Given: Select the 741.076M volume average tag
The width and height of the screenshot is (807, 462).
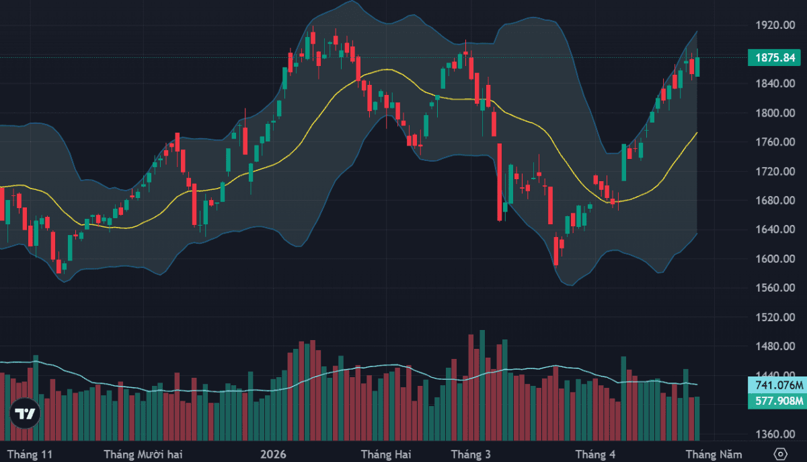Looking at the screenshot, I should (777, 385).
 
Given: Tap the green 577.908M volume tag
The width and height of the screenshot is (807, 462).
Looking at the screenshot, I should (777, 401).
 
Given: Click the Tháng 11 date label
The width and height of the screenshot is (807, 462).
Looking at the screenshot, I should (29, 454).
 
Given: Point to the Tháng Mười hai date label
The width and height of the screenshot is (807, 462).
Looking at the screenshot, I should (144, 454).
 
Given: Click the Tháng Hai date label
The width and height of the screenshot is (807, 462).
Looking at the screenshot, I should (385, 454).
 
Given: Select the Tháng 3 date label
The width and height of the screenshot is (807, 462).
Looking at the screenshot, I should (470, 454).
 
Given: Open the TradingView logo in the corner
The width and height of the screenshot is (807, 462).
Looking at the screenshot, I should (26, 414).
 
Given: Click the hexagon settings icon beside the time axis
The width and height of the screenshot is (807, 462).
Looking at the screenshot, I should (780, 453).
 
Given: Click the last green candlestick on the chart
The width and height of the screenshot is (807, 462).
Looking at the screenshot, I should (697, 67).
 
